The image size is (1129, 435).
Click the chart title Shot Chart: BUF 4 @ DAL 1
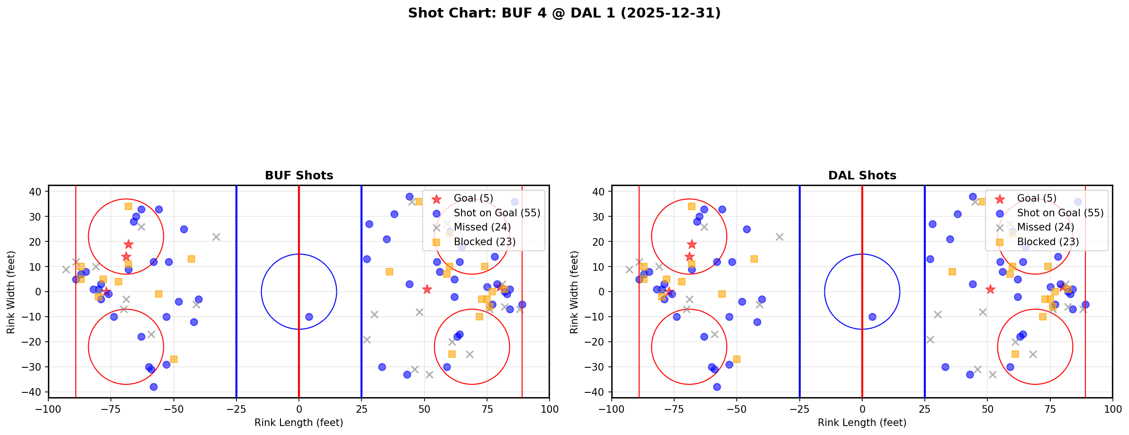click(564, 13)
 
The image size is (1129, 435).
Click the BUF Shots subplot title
click(299, 176)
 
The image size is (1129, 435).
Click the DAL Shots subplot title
click(862, 176)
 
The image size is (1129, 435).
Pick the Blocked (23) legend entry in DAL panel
click(1048, 242)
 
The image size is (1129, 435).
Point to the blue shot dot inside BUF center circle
click(309, 317)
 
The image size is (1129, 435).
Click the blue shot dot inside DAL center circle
click(872, 317)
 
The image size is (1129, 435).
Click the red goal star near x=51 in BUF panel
click(427, 289)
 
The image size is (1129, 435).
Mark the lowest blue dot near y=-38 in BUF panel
click(154, 387)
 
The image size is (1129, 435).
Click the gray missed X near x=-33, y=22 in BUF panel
click(216, 237)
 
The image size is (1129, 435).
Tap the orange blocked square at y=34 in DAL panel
click(691, 206)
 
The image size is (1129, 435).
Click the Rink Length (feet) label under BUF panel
click(298, 423)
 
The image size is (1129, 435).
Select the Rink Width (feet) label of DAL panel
click(574, 292)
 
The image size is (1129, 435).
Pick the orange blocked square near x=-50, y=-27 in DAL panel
click(737, 359)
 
